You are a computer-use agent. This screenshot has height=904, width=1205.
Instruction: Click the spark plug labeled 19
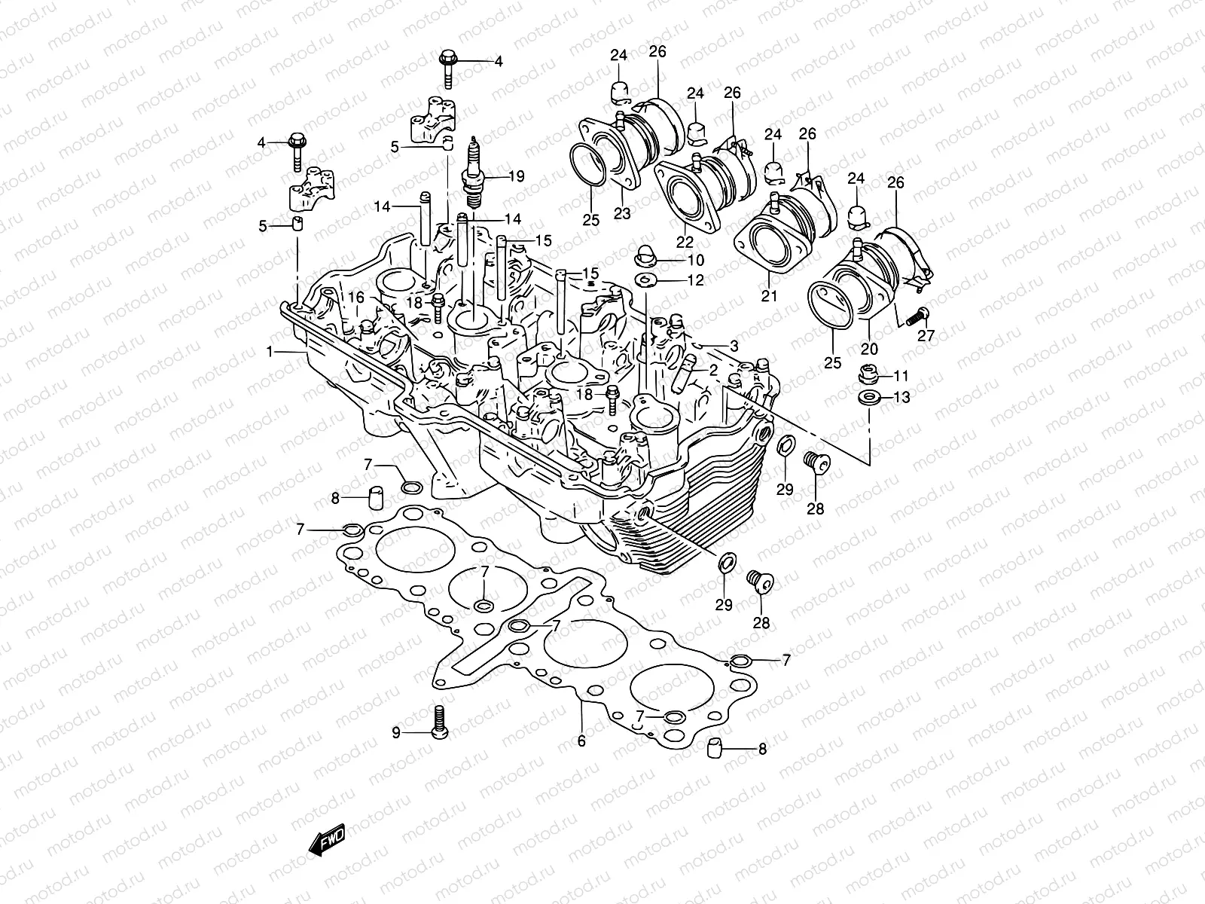(x=474, y=175)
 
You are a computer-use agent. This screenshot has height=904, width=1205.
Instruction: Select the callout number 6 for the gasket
(x=581, y=741)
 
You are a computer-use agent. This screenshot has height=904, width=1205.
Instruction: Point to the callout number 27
(x=926, y=336)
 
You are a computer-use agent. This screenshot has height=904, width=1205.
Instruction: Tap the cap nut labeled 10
(x=645, y=255)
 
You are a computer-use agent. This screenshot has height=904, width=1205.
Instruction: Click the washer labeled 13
(x=868, y=396)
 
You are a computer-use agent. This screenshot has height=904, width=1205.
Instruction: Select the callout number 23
(x=622, y=214)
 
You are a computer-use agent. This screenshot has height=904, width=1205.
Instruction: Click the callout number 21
(x=768, y=296)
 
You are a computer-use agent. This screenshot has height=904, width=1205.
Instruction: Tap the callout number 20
(x=869, y=349)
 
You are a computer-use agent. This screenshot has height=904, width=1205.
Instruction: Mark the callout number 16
(x=356, y=298)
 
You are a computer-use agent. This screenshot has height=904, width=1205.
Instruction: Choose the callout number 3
(x=734, y=346)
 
